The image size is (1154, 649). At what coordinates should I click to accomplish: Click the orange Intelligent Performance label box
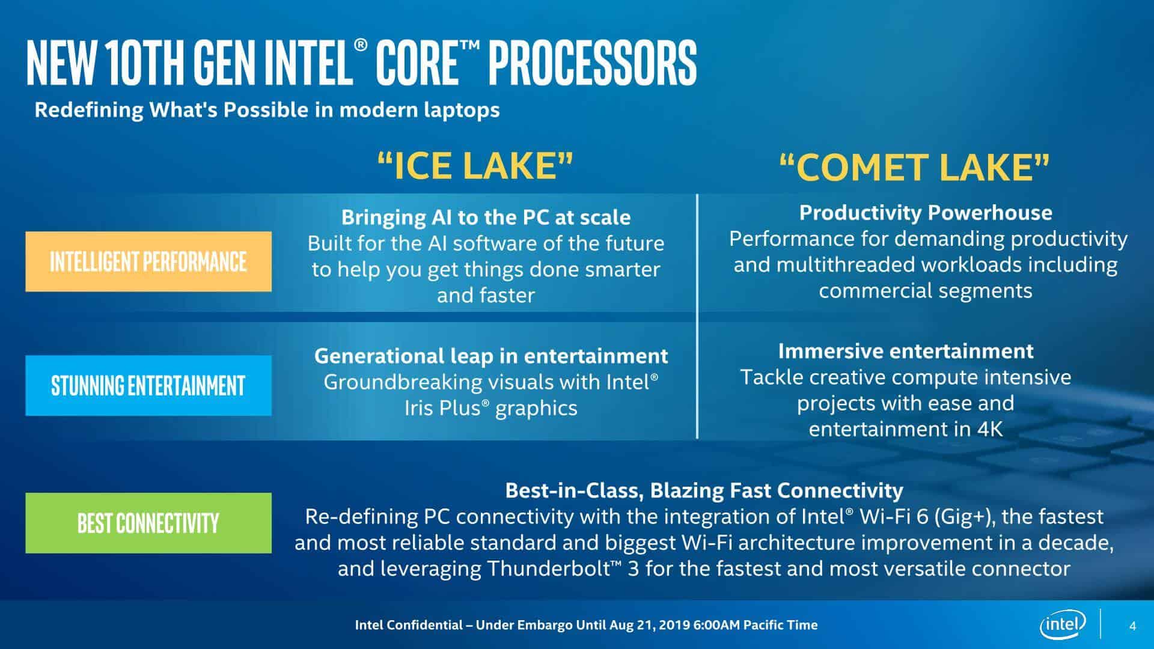pyautogui.click(x=148, y=261)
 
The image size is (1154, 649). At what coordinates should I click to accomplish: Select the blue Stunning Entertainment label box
pyautogui.click(x=148, y=385)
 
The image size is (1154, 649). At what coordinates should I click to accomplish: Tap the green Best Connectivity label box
pyautogui.click(x=148, y=523)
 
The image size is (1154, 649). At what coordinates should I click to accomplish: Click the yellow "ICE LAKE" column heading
pyautogui.click(x=475, y=166)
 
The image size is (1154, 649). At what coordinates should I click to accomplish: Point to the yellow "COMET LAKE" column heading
pyautogui.click(x=914, y=167)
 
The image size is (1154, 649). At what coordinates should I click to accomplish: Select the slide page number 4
pyautogui.click(x=1132, y=626)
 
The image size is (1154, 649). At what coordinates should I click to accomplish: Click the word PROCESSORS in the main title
pyautogui.click(x=592, y=62)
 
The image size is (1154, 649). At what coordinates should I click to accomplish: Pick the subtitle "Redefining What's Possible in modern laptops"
pyautogui.click(x=267, y=110)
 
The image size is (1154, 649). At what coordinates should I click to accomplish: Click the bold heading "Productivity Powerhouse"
pyautogui.click(x=926, y=213)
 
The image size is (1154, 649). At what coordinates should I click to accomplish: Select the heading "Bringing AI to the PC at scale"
pyautogui.click(x=486, y=217)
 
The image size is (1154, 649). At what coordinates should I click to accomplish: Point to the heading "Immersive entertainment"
pyautogui.click(x=906, y=351)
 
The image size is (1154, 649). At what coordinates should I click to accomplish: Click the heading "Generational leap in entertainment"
pyautogui.click(x=490, y=356)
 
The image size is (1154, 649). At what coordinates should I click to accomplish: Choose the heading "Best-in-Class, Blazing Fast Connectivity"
pyautogui.click(x=704, y=490)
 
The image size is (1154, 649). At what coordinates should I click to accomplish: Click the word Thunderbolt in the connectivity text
pyautogui.click(x=549, y=568)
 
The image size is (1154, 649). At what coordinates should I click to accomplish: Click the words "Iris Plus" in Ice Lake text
pyautogui.click(x=442, y=408)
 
